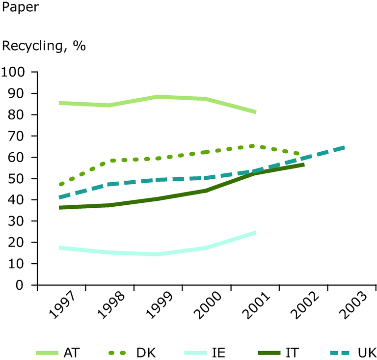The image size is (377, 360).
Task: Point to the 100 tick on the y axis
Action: tap(16, 72)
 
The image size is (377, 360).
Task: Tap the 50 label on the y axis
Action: tap(20, 178)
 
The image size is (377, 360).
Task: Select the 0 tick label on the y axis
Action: tap(26, 285)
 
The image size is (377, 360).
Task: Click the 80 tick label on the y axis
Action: tap(20, 114)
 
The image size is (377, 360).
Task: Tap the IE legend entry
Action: tap(204, 352)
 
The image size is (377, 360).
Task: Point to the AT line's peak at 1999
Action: tap(158, 97)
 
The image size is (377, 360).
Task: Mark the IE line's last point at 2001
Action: tap(255, 232)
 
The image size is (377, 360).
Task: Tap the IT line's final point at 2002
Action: tap(303, 165)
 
